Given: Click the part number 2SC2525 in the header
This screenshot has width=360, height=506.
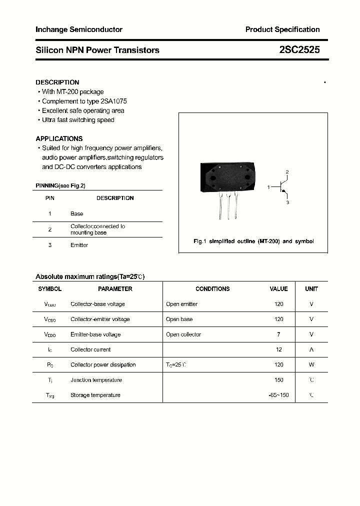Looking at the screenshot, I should click(299, 50).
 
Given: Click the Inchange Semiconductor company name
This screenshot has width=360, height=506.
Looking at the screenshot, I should click(79, 29).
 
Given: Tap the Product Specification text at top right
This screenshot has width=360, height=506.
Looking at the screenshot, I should click(282, 29).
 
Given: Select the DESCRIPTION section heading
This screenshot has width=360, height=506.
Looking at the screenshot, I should click(57, 82).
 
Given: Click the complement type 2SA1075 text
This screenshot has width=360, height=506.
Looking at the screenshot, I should click(110, 101).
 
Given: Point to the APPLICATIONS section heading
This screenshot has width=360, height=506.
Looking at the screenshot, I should click(59, 138).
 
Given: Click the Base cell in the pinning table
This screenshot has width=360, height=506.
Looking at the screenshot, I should click(76, 213).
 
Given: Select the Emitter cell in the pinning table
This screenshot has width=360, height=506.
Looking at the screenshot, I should click(79, 245).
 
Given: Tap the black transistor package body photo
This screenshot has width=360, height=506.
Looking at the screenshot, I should click(228, 177).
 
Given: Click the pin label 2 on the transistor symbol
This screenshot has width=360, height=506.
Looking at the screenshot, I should click(287, 172).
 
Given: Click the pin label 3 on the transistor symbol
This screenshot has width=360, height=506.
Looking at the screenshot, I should click(287, 202).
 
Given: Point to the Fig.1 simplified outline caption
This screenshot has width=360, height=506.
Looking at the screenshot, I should click(253, 241).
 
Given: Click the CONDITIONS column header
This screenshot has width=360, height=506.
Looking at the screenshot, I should click(212, 289).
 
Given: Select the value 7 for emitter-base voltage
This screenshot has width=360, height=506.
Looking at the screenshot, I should click(278, 334).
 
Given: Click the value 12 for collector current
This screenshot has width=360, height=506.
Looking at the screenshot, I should click(278, 349).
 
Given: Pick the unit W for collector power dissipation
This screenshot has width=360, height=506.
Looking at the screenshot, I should click(311, 365).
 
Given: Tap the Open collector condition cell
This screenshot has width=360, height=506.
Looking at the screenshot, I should click(183, 334).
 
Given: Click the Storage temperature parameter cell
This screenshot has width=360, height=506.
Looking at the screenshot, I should click(95, 395).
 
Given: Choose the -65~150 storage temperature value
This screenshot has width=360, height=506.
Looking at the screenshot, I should click(278, 395).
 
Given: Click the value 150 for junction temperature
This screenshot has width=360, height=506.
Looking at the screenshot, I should click(278, 380).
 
